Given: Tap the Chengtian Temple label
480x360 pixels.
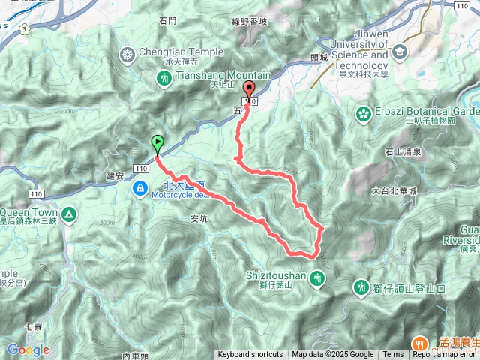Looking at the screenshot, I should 181,52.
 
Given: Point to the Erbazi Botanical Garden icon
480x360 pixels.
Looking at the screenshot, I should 364,114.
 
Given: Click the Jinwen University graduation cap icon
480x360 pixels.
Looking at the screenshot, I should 398,52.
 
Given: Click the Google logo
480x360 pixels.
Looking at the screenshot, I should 28,350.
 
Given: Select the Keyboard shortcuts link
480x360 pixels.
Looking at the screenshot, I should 250,355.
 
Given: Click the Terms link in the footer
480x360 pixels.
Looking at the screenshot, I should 393,355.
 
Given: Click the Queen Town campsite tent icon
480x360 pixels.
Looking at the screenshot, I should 69,216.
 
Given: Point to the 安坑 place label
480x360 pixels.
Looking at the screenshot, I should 199,219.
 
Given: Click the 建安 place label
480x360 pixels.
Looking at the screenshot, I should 115,175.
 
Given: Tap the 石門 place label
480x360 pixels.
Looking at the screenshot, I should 167,22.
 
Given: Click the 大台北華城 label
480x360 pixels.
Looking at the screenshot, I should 394,191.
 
